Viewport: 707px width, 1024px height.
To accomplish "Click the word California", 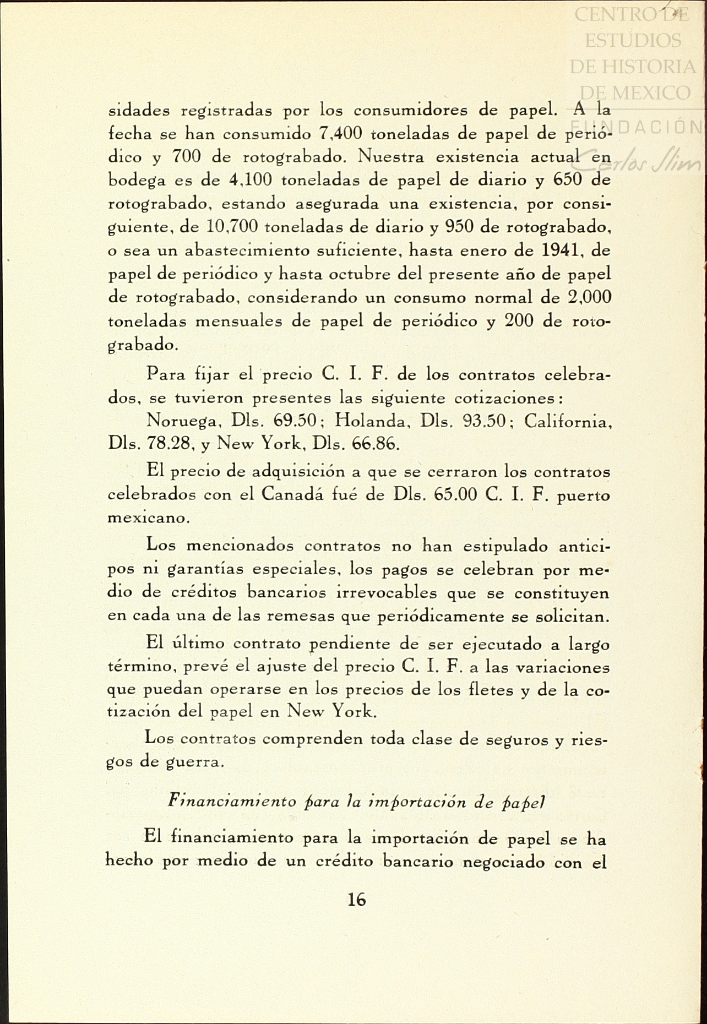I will (x=567, y=421).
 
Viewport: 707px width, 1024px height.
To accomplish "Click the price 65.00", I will (x=455, y=494).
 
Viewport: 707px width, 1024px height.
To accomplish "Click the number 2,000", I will (x=589, y=297).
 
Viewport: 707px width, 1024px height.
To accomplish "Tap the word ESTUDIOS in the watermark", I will (x=633, y=40).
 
